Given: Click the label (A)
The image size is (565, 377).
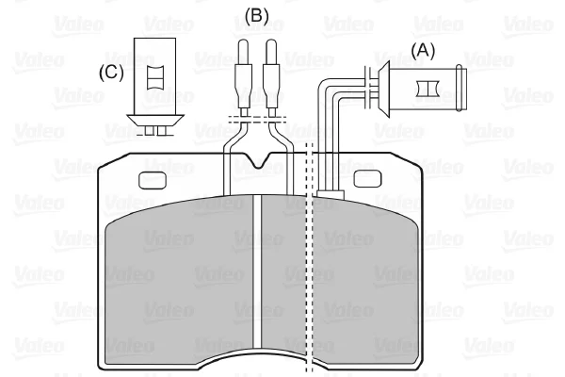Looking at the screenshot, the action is point(423,51).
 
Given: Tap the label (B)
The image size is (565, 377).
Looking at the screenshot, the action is point(256,16).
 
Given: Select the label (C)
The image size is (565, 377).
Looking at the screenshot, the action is point(111,73).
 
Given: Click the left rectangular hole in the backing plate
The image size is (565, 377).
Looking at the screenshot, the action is point(153,181).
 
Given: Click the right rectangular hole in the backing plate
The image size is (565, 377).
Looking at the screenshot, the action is point(367,178).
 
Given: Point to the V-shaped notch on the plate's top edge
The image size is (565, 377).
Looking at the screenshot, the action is point(259,160).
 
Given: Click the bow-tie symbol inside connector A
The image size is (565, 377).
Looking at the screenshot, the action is point(427,89).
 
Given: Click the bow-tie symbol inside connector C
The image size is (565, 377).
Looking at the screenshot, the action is point(155,77).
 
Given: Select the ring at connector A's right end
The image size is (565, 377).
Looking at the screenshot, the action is point(460,89).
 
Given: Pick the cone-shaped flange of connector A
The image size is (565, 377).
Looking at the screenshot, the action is point(383,89).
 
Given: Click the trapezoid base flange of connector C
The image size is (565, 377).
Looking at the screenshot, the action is point(155,120).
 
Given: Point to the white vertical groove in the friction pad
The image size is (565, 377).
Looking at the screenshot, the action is point(256,272).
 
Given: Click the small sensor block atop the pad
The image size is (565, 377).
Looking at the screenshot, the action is point(331,194).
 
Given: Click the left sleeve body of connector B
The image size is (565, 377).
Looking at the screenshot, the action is point(243,86).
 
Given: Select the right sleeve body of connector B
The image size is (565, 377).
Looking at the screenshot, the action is point(271,86).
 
